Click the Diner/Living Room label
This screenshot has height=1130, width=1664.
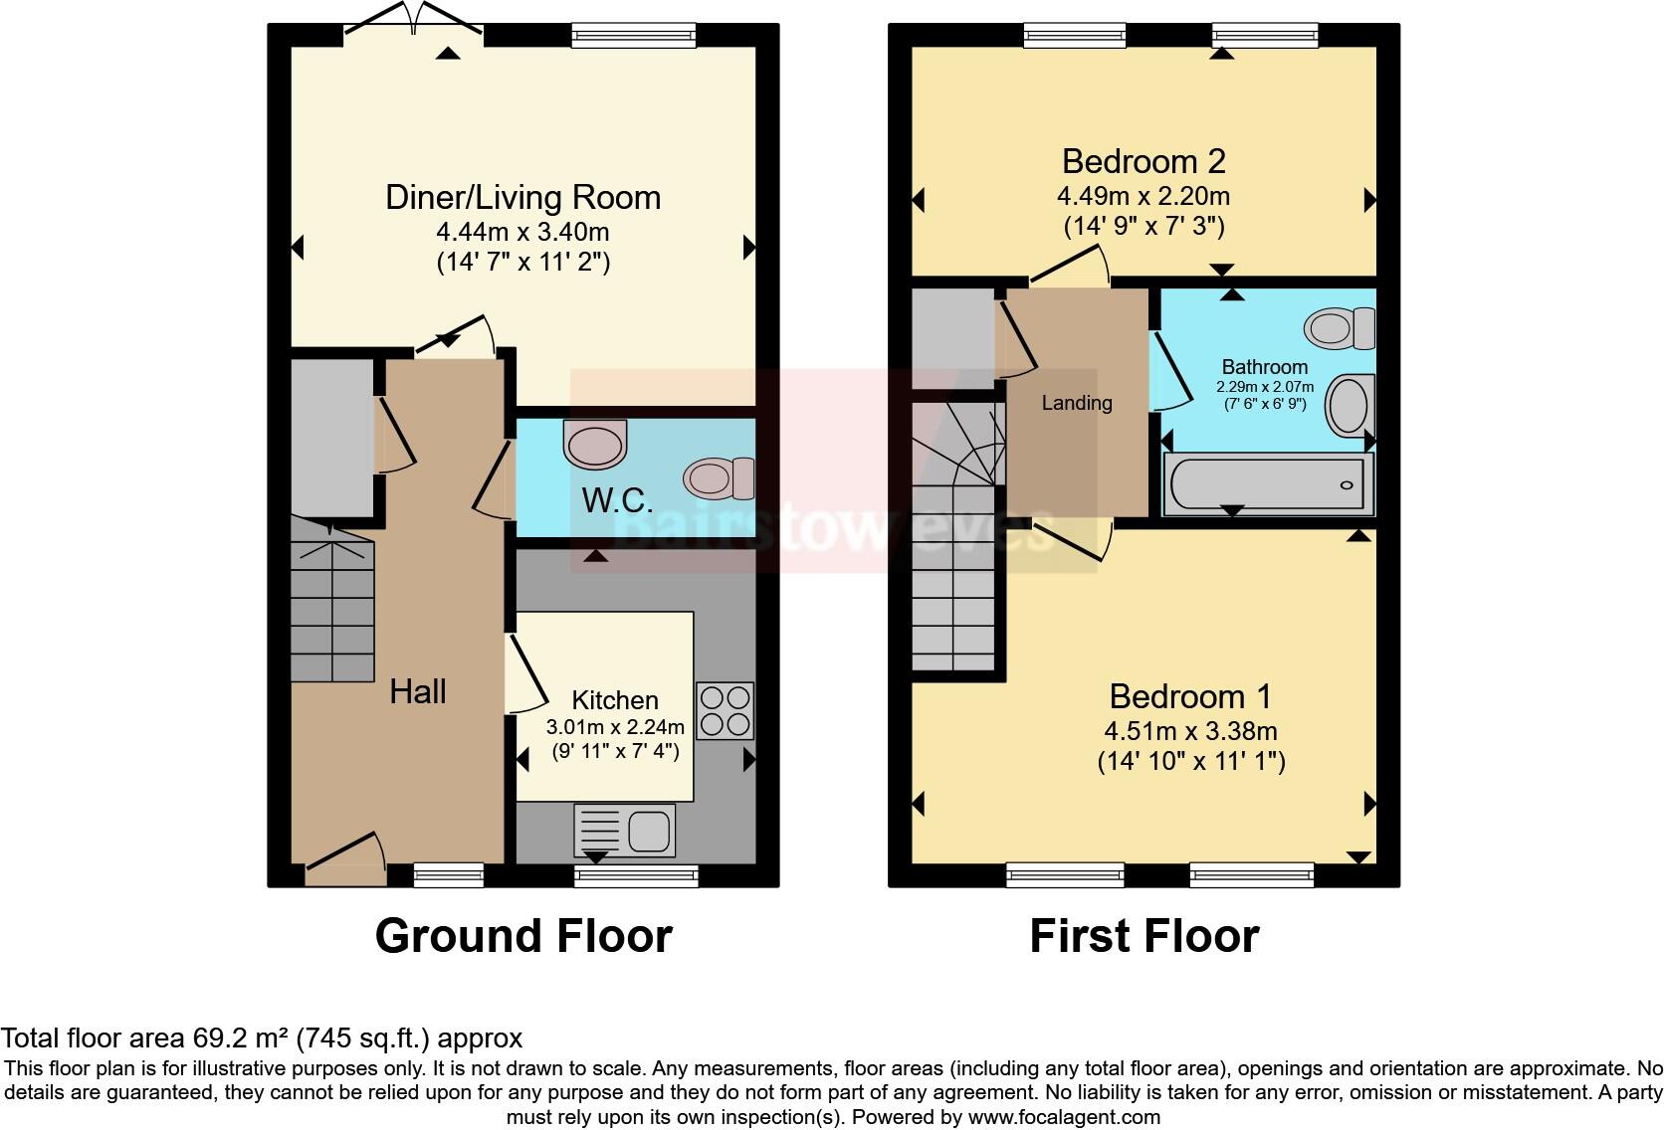tap(522, 197)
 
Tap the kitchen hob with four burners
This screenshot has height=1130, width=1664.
tap(725, 710)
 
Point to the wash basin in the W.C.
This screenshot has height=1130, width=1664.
tap(595, 444)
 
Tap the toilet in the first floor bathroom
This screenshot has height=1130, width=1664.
tap(1340, 328)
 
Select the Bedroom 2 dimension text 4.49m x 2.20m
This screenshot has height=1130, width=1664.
tap(1144, 196)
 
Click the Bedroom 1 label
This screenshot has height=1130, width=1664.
tap(1190, 695)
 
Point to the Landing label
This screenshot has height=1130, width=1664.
tap(1076, 403)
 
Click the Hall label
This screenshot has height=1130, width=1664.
tap(417, 691)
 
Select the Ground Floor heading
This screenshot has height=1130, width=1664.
tap(523, 936)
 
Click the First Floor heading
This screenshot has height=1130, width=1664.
tap(1144, 936)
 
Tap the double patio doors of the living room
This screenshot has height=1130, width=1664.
tap(415, 22)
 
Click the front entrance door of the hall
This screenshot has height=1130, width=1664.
tap(345, 861)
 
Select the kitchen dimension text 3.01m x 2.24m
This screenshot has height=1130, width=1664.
tap(615, 726)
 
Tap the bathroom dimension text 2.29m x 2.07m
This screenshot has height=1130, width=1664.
tap(1264, 387)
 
